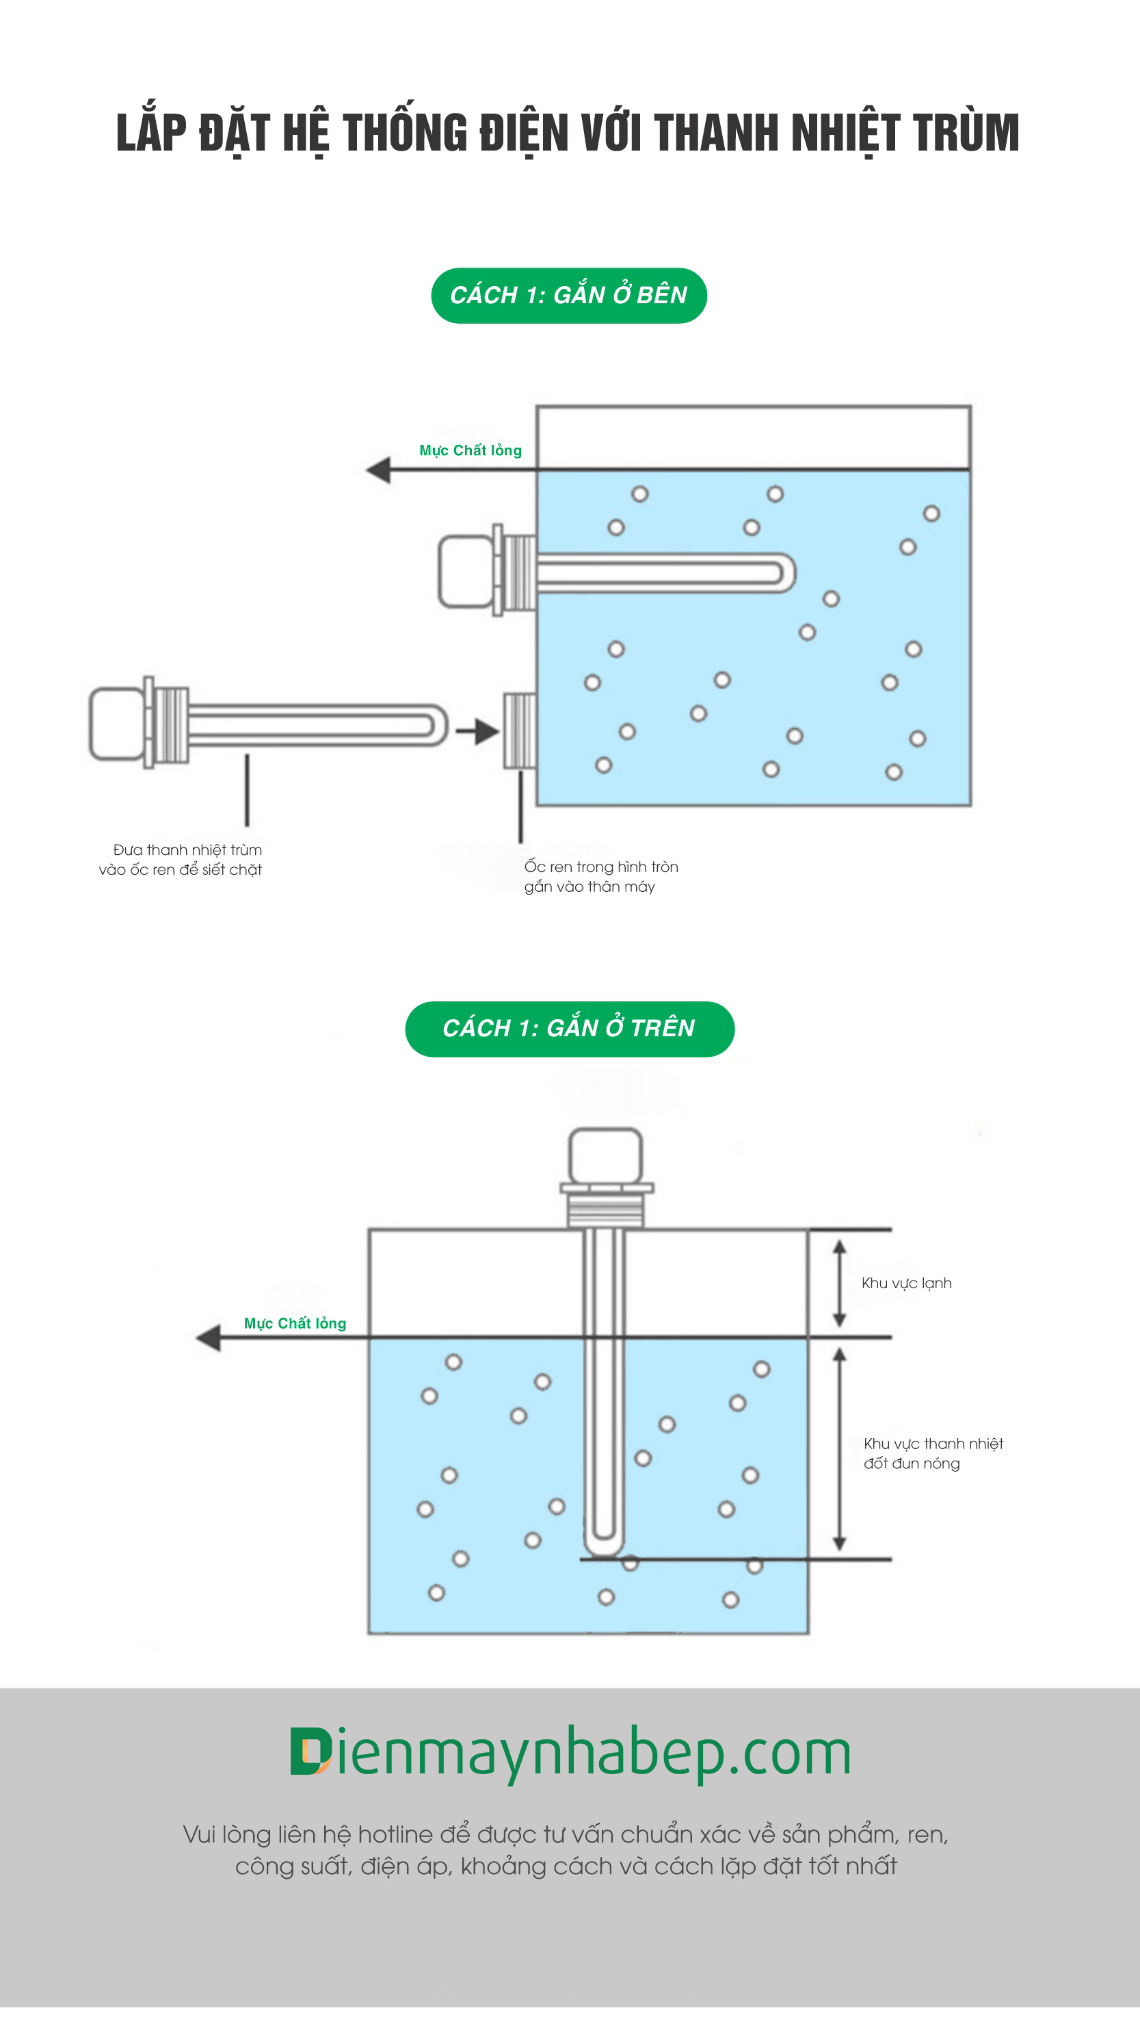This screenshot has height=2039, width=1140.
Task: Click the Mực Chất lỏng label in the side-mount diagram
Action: coord(470,450)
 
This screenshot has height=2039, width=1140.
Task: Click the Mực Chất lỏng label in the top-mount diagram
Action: coord(294,1324)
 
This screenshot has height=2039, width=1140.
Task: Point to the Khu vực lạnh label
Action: coord(906,1283)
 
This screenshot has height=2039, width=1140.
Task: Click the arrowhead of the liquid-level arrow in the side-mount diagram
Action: coord(378,470)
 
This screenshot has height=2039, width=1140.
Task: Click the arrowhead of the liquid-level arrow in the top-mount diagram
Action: coord(208,1337)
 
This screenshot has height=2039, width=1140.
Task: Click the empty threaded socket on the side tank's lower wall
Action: coord(520,730)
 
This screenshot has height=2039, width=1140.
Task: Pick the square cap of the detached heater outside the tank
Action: coord(116,723)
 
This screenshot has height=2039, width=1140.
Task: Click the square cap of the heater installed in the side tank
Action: coord(465,571)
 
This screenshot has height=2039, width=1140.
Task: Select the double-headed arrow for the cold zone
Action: coord(839,1283)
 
